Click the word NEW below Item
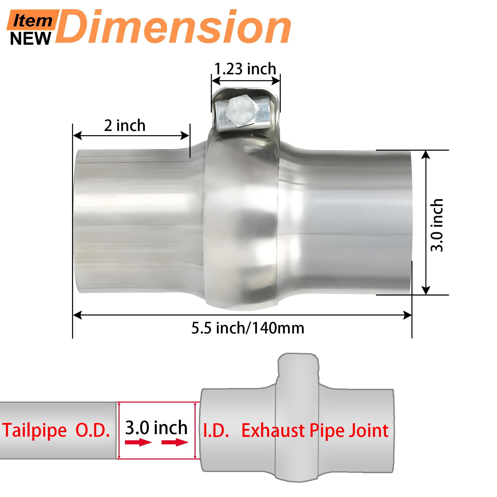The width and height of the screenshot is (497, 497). pos(30,39)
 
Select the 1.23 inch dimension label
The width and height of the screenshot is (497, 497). pos(245,69)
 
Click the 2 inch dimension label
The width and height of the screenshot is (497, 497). pos(125,125)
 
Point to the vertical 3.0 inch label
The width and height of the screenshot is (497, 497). pos(437,225)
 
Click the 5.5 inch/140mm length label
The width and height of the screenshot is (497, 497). pos(248,328)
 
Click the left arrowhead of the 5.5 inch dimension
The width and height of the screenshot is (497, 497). pos(78,315)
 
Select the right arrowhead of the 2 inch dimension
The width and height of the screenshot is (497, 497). pos(185,136)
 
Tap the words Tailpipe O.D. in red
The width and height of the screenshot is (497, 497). pos(56,430)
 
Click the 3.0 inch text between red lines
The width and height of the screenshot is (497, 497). pos(156,427)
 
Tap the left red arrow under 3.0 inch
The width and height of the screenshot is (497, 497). pos(138,443)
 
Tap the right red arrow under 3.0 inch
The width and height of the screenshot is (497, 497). pos(175,443)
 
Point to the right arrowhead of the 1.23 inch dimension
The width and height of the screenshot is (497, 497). pos(276,81)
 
